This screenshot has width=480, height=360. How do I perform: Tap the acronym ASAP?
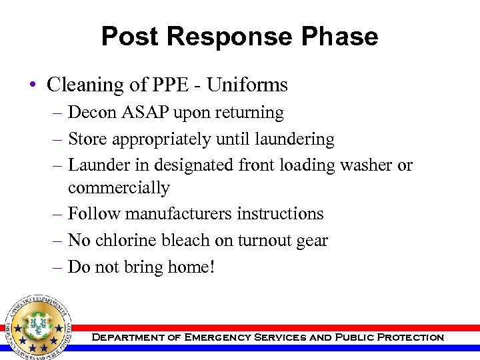coord(142,113)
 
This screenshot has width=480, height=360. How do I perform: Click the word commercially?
coord(119,189)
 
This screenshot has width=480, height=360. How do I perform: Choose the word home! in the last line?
coord(191,267)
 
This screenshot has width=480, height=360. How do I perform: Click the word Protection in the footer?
coord(411,338)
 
